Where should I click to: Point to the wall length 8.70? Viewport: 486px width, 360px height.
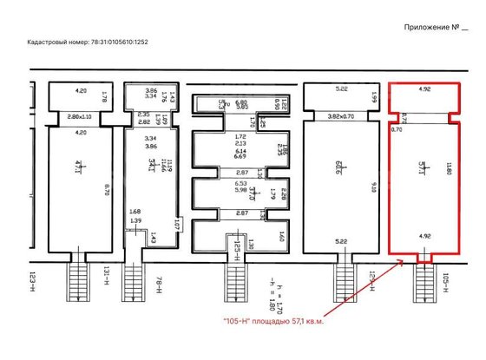[105, 186]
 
